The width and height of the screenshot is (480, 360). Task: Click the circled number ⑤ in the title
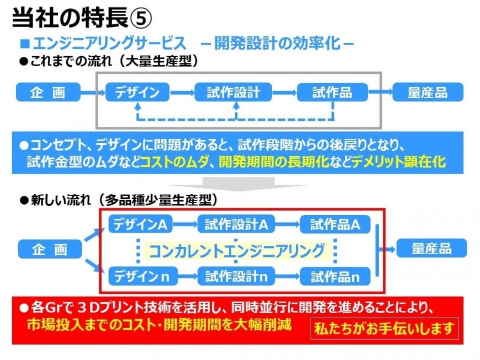click(x=141, y=18)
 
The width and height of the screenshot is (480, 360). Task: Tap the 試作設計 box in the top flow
click(x=233, y=92)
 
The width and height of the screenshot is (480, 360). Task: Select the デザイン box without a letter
click(x=137, y=92)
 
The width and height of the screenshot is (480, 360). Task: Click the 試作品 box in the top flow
click(x=333, y=92)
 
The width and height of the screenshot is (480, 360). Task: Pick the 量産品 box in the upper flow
click(x=428, y=92)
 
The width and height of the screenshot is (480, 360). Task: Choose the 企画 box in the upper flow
click(x=48, y=92)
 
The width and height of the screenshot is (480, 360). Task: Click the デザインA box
click(x=141, y=224)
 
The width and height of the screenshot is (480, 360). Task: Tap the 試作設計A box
click(x=236, y=224)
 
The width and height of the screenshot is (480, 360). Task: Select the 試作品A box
click(x=335, y=224)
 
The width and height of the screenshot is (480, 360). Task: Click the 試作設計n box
click(x=236, y=276)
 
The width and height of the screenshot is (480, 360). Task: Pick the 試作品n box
click(x=335, y=276)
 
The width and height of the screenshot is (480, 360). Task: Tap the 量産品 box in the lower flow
click(x=431, y=248)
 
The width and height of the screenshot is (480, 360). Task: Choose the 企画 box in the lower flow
click(x=50, y=249)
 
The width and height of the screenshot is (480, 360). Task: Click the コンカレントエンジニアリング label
click(x=237, y=251)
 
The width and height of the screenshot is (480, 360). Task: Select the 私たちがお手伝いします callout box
click(x=385, y=329)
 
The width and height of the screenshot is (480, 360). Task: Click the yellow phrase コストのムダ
click(x=174, y=161)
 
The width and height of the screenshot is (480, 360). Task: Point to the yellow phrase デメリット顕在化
click(x=398, y=161)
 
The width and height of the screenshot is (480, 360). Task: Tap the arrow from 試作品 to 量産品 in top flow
click(x=380, y=92)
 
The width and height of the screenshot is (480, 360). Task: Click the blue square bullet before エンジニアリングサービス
click(x=25, y=44)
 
